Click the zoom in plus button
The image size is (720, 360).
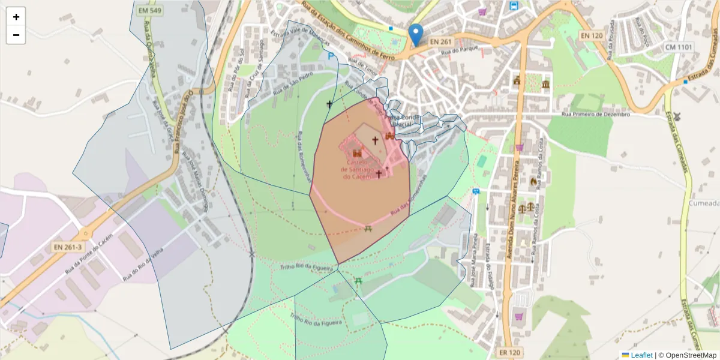tap(16, 17)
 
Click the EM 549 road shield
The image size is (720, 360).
tap(148, 10)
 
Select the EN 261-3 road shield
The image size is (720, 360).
tap(67, 247)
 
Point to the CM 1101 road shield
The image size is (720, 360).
tap(679, 47)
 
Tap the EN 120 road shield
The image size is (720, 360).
tap(592, 36)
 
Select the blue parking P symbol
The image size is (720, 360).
tap(331, 56)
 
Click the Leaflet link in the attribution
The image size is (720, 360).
tap(641, 355)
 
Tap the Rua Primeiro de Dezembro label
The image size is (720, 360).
tap(596, 114)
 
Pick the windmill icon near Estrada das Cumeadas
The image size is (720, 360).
tap(677, 116)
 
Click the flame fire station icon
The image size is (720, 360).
tap(533, 181)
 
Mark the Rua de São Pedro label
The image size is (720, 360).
tap(294, 85)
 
